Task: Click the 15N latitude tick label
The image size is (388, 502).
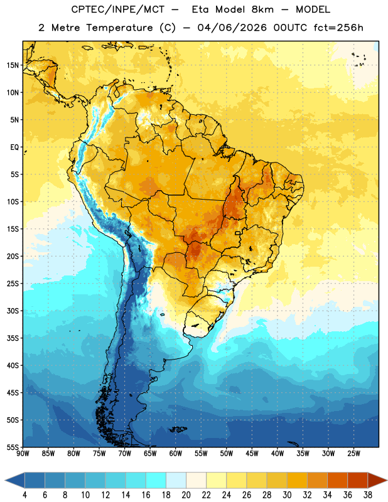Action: coord(13,65)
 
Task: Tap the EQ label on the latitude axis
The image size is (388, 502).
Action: coord(14,147)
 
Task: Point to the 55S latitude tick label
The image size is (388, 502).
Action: coord(13,447)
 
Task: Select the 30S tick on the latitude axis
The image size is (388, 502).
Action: coord(13,311)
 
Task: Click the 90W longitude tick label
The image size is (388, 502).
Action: coord(23,454)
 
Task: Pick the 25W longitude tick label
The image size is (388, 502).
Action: coord(353,454)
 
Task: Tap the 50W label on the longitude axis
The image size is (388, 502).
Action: coord(227,454)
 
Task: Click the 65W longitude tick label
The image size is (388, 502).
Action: coord(150,454)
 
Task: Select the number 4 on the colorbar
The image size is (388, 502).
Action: coord(24,495)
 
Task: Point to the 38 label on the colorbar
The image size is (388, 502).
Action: coord(368,495)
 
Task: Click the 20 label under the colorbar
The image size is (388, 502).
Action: coord(186,495)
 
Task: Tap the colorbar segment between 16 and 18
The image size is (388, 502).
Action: coord(156,481)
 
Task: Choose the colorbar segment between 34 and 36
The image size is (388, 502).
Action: coord(338,481)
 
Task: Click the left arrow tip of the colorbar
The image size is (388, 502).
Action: coord(5,481)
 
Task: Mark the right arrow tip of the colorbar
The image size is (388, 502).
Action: coord(387,481)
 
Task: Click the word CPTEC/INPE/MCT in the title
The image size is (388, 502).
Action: coord(117,9)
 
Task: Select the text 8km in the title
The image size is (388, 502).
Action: coord(262,9)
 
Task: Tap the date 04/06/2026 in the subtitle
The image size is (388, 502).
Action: coord(232,28)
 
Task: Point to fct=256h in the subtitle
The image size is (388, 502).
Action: coord(338,28)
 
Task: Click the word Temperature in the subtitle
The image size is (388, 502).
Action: coord(119,28)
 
